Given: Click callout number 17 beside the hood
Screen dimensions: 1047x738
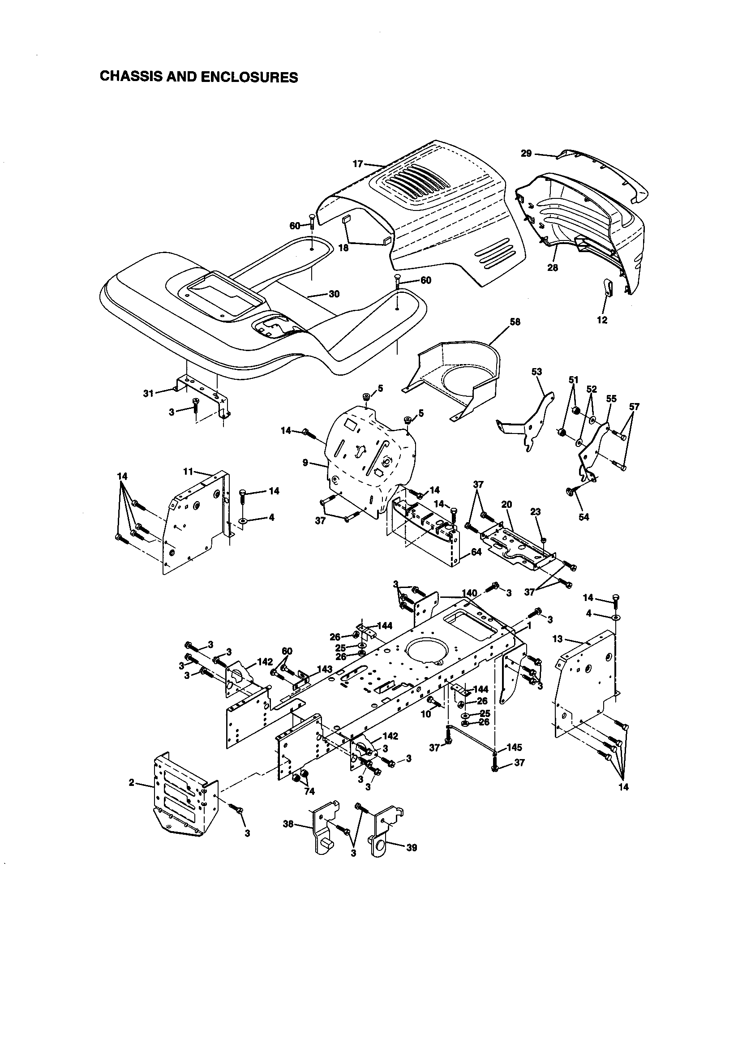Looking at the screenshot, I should click(x=358, y=164).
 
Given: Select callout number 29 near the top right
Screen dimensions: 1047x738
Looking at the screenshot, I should click(x=526, y=154).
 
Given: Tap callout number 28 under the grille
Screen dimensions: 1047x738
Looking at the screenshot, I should click(x=552, y=268).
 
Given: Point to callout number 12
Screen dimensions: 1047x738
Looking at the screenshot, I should click(x=602, y=320).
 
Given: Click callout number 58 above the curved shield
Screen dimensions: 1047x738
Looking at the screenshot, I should click(x=515, y=322).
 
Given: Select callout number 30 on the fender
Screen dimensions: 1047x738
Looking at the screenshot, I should click(x=334, y=294).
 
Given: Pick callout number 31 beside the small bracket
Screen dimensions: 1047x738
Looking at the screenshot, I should click(x=148, y=393).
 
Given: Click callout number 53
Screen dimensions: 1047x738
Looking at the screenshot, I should click(x=537, y=372).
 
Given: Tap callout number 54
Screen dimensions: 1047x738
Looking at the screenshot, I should click(x=584, y=517).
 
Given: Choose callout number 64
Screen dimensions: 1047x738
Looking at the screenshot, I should click(x=476, y=552).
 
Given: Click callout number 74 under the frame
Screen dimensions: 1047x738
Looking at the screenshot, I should click(x=309, y=792).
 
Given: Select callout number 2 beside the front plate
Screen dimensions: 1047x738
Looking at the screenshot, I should click(x=131, y=782).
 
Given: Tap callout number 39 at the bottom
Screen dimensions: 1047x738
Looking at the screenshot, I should click(x=412, y=848).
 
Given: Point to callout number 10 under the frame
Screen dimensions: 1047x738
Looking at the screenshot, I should click(x=425, y=714).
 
